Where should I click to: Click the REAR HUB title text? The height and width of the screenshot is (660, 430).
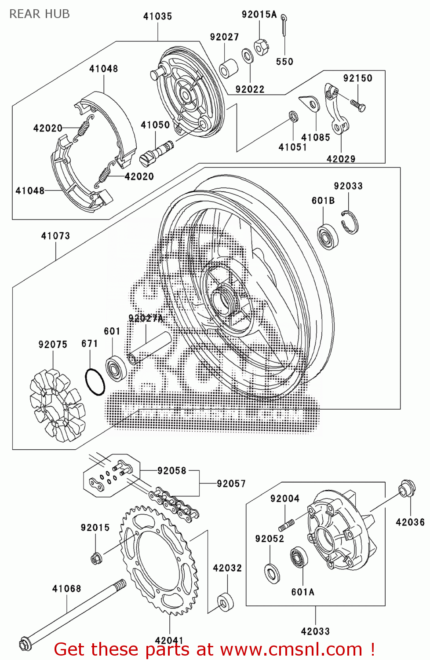[40, 14]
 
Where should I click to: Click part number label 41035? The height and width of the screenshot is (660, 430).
[157, 16]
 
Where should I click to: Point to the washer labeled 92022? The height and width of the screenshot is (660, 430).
[248, 56]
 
